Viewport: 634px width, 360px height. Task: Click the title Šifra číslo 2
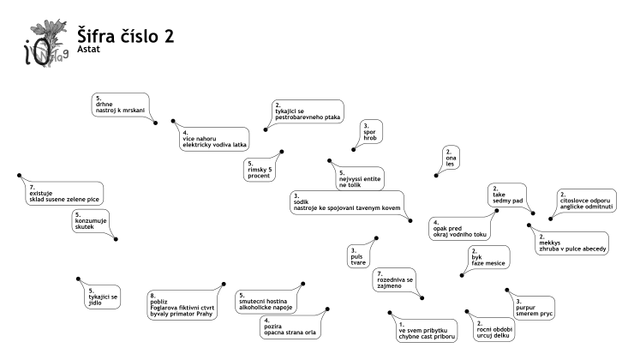tap(125, 36)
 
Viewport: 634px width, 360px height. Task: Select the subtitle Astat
tap(88, 49)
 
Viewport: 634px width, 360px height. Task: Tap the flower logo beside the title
tap(46, 43)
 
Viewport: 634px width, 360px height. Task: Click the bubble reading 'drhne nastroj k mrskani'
tap(120, 105)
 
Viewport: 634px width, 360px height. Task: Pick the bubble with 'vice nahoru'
tap(214, 139)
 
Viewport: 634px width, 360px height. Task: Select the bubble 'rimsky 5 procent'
tap(260, 170)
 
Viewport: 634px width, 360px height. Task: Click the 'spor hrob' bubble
tap(370, 132)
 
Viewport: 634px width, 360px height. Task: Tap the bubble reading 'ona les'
tap(451, 158)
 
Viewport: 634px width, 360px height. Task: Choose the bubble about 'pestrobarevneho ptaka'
tap(308, 111)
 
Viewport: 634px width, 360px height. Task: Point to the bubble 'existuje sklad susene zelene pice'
tap(64, 194)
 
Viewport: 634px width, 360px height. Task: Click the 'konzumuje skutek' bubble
tap(91, 221)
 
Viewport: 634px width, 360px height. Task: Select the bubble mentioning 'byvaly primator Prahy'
tap(182, 305)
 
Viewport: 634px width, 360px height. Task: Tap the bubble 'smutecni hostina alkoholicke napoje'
tap(266, 302)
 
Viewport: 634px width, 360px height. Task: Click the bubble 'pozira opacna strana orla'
tap(290, 327)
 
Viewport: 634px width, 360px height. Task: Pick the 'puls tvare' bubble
tap(358, 256)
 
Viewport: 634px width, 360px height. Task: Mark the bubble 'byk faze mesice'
tap(488, 257)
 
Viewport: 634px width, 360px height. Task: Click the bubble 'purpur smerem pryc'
tap(534, 308)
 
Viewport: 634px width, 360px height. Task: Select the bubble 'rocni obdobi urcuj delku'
tap(494, 330)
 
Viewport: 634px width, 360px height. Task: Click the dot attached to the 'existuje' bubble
tap(20, 176)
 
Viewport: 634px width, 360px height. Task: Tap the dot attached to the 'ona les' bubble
tap(436, 176)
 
